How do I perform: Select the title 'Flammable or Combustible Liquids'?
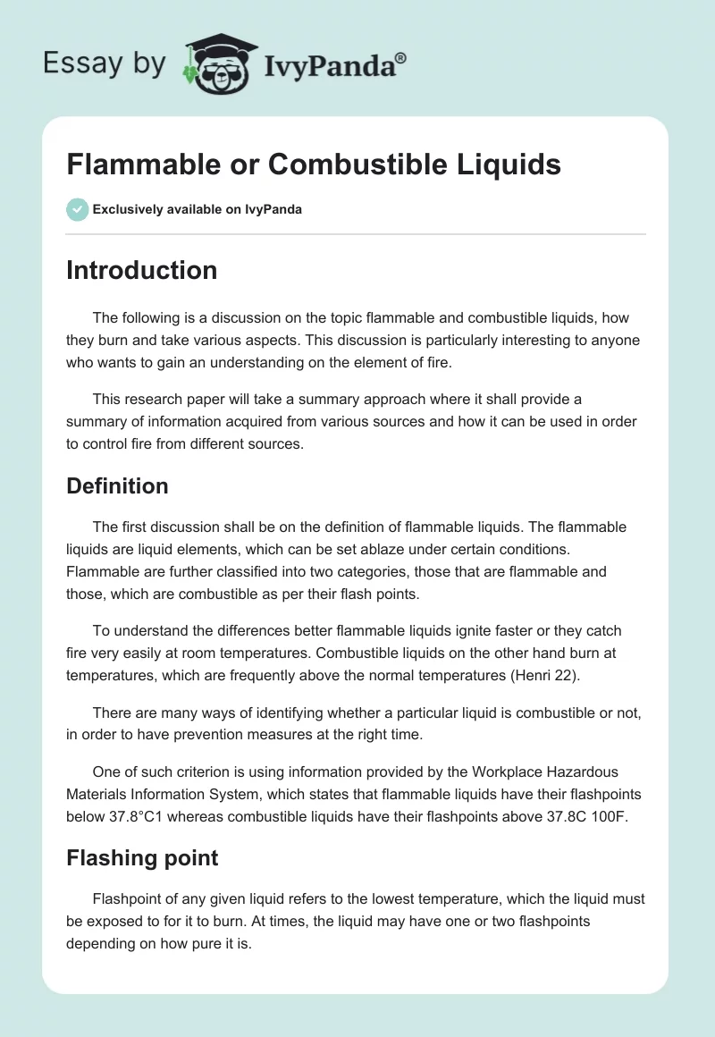pos(314,164)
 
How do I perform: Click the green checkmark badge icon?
pos(77,209)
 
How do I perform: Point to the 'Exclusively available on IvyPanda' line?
pos(197,210)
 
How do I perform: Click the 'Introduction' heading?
pos(141,270)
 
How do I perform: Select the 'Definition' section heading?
pos(117,486)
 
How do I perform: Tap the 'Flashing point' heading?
pos(142,858)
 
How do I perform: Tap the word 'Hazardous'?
pos(582,771)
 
